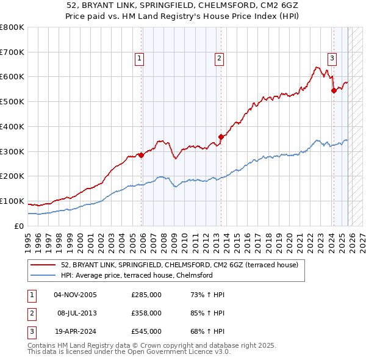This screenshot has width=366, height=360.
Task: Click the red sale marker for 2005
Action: [142, 155]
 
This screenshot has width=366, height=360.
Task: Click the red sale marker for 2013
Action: [221, 137]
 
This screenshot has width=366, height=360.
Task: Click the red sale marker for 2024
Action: [334, 90]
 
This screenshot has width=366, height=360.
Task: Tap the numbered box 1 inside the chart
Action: [140, 59]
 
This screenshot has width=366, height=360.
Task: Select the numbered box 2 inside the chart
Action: [218, 59]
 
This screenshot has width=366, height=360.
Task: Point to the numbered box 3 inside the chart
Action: [332, 59]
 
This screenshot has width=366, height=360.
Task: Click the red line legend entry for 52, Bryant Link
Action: [179, 265]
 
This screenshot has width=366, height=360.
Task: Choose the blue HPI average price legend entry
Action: [137, 275]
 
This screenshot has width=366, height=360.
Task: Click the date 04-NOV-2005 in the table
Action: [75, 295]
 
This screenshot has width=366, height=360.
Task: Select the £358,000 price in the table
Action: [146, 313]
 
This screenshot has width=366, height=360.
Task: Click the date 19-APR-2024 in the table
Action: [75, 331]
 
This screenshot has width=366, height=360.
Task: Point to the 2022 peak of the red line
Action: [317, 67]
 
